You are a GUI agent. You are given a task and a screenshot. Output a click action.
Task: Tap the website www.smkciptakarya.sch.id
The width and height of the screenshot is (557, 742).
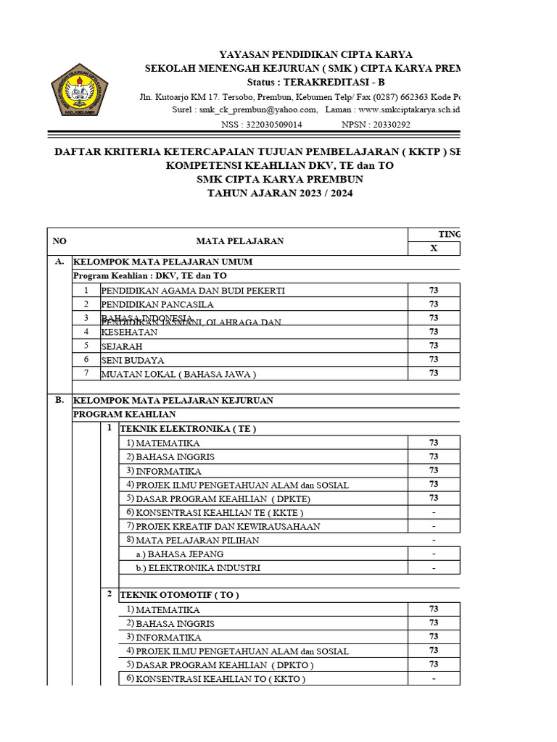click(x=409, y=109)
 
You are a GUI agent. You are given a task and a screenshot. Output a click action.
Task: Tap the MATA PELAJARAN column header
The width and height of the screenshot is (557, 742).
click(x=239, y=241)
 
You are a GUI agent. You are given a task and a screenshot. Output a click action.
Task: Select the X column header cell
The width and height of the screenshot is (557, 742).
click(x=434, y=248)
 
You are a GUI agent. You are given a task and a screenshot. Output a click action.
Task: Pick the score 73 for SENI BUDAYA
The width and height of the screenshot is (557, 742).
click(x=434, y=359)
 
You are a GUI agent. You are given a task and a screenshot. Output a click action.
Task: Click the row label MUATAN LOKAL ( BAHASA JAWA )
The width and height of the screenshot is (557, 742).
click(x=178, y=374)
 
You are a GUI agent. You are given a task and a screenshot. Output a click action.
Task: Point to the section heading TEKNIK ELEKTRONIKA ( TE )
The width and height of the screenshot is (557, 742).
click(x=188, y=428)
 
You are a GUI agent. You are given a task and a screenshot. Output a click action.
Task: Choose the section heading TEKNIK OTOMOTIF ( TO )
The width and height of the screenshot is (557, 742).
click(x=178, y=594)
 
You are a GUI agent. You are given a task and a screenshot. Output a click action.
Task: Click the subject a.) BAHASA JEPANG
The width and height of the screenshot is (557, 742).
click(x=173, y=554)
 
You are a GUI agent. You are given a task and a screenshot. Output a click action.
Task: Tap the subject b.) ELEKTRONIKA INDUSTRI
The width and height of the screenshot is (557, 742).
click(x=198, y=568)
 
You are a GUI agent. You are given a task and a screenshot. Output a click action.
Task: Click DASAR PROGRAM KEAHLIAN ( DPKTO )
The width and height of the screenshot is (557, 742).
click(x=225, y=664)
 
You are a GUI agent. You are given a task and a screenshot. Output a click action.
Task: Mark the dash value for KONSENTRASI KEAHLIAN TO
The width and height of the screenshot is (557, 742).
click(x=434, y=679)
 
